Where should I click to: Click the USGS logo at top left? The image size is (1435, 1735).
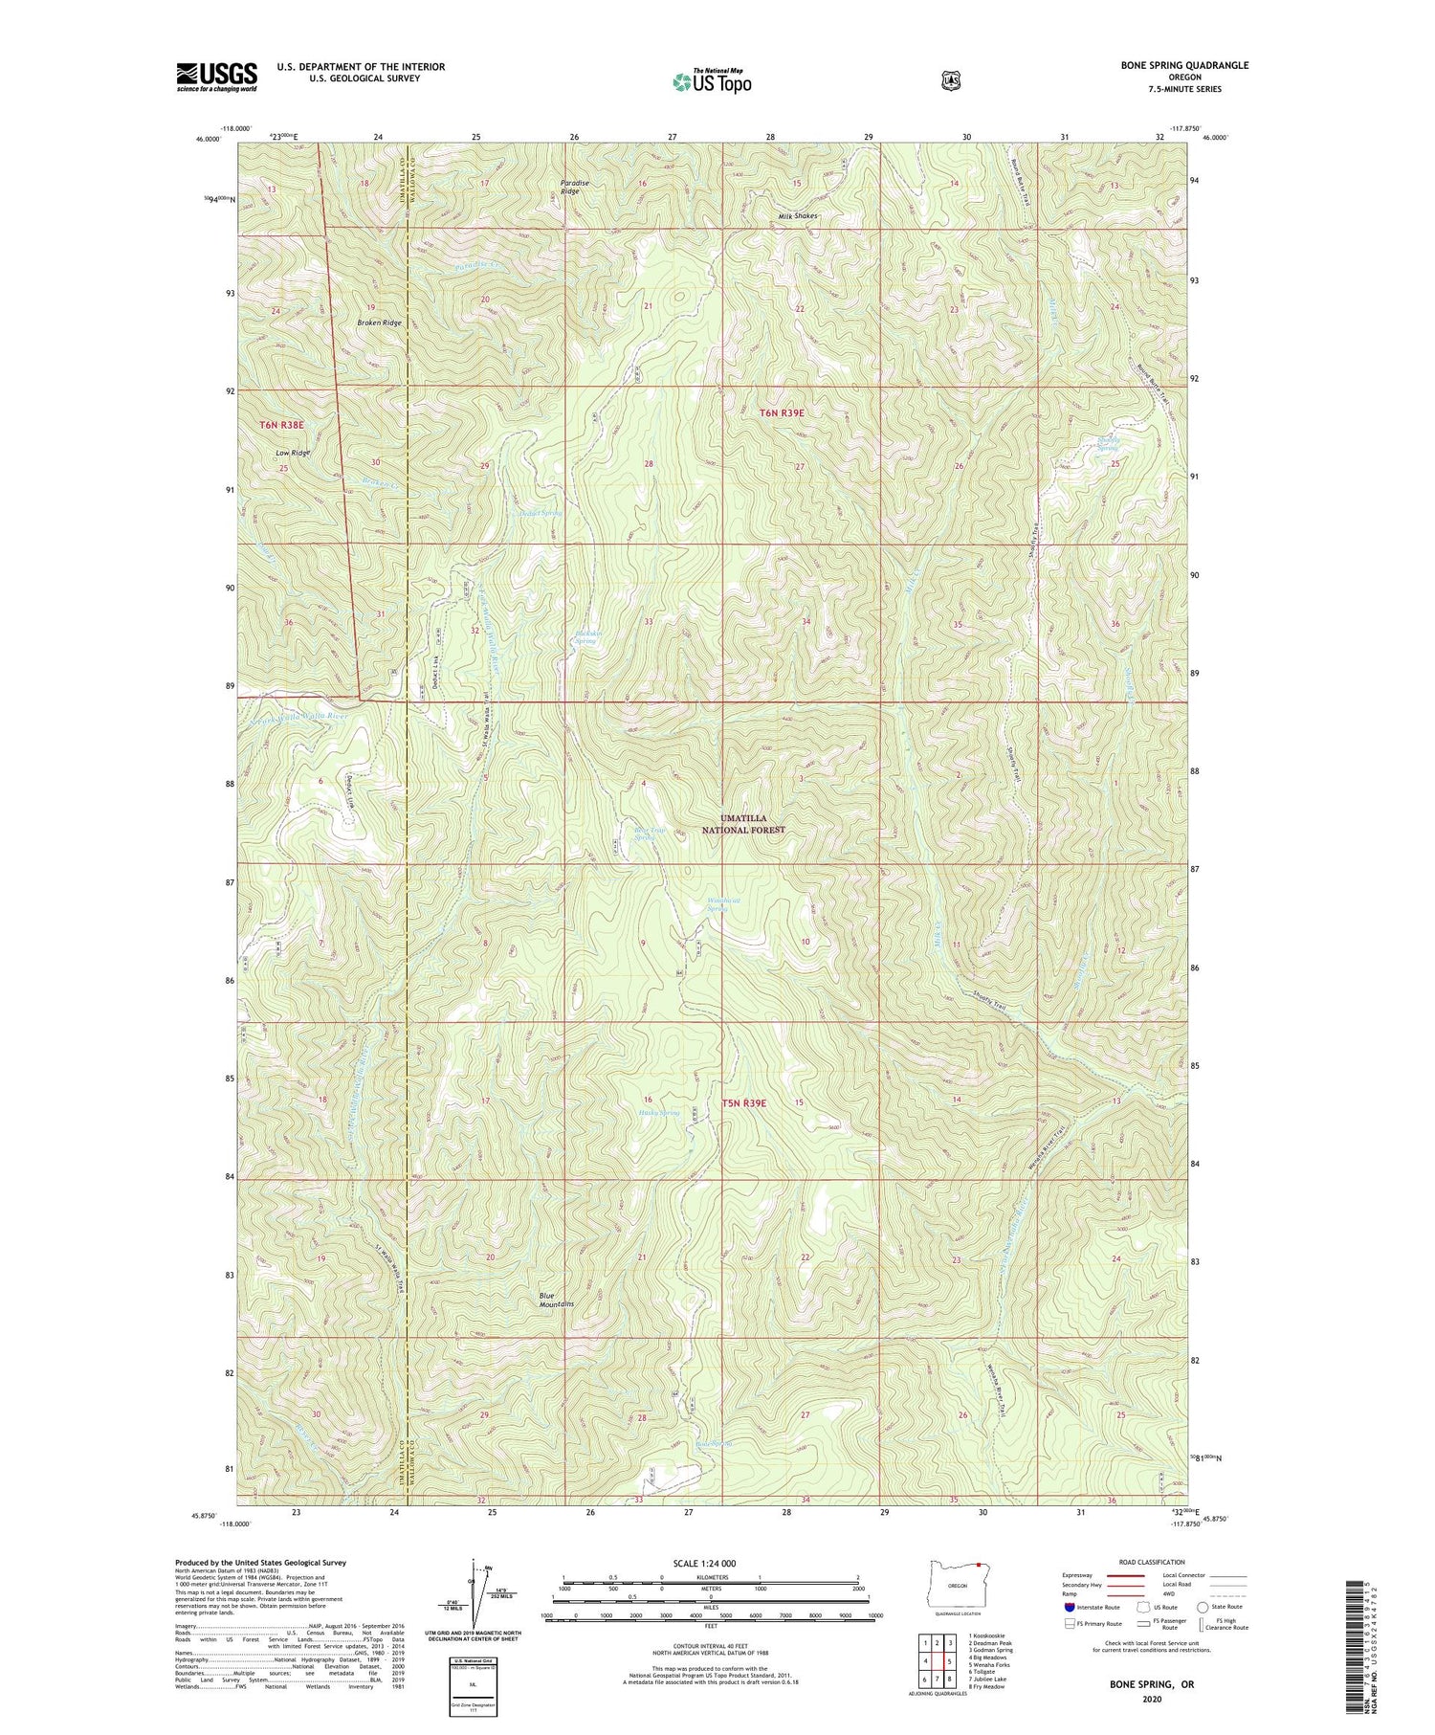click(216, 77)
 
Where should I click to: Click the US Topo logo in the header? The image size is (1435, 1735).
click(712, 81)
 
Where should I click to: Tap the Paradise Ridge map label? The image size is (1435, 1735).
click(570, 187)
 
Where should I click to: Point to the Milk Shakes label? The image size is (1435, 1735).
click(798, 216)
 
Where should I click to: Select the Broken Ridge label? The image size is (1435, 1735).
click(379, 323)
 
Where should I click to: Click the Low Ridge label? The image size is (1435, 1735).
click(293, 452)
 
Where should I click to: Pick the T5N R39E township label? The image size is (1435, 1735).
click(743, 1102)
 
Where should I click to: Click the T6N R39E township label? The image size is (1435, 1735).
click(782, 412)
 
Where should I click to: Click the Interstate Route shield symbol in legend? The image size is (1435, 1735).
click(1069, 1607)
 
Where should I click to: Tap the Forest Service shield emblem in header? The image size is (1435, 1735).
click(950, 81)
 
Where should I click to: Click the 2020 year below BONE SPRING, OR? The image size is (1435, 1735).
click(1151, 1700)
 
